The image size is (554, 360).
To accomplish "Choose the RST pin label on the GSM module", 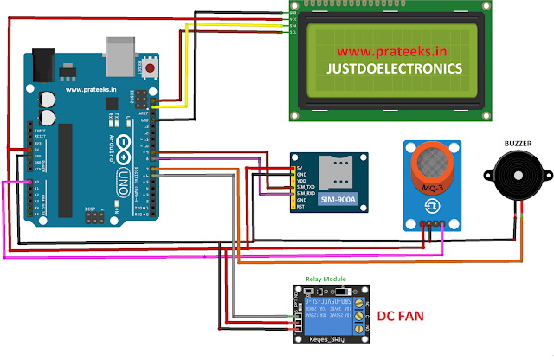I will click(300, 208).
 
